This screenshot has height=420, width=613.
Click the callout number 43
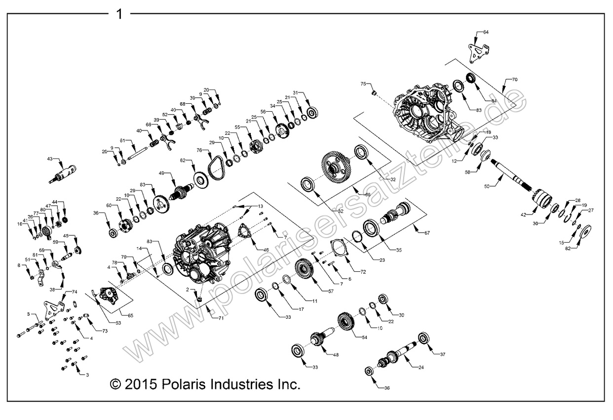click(50, 159)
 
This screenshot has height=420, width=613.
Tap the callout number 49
click(161, 173)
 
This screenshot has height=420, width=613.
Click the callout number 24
click(421, 368)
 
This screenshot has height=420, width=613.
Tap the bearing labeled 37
click(423, 339)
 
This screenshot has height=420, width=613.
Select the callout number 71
click(221, 318)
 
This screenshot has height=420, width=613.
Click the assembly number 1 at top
click(119, 14)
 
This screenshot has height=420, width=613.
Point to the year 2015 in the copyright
click(140, 384)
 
